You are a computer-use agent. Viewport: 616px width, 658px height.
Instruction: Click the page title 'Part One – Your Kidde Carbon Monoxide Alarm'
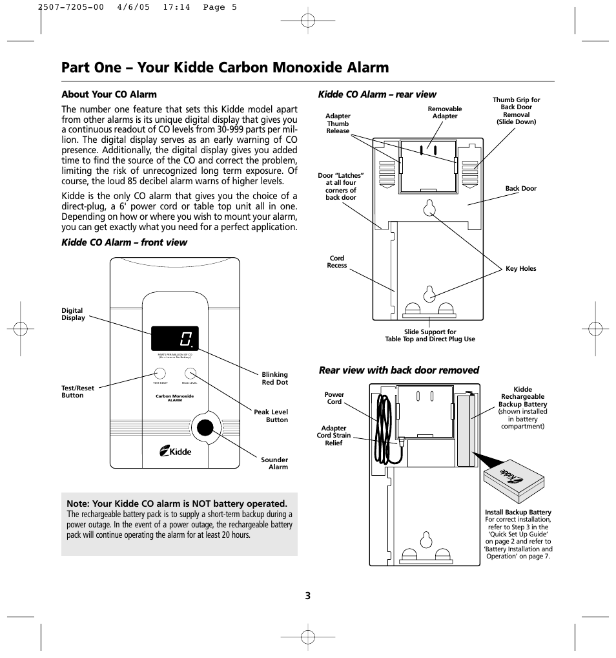click(225, 67)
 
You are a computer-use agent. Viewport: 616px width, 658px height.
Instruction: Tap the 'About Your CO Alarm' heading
click(109, 94)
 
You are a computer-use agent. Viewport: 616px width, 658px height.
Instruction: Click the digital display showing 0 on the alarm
click(175, 338)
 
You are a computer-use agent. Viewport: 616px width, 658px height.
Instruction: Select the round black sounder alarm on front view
click(205, 428)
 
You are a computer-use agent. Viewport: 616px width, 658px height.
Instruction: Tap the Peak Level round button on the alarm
click(190, 373)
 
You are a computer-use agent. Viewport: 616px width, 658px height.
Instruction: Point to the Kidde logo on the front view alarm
click(175, 452)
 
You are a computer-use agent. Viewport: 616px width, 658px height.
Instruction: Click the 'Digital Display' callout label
click(73, 314)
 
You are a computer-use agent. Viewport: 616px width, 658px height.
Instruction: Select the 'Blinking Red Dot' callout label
click(274, 378)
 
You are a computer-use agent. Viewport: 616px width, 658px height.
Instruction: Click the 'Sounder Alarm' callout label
click(274, 463)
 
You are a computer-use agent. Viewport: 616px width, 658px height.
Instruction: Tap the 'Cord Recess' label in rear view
click(336, 262)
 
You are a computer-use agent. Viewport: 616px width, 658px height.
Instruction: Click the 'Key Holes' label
click(520, 269)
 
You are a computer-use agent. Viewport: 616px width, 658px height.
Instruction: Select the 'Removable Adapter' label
click(445, 112)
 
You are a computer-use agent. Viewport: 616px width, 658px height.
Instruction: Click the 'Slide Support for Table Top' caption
click(429, 335)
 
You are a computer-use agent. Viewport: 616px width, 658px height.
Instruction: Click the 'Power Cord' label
click(334, 398)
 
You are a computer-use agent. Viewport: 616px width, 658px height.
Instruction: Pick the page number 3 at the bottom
click(308, 596)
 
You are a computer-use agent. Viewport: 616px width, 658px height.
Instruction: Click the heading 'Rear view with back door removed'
click(399, 370)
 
